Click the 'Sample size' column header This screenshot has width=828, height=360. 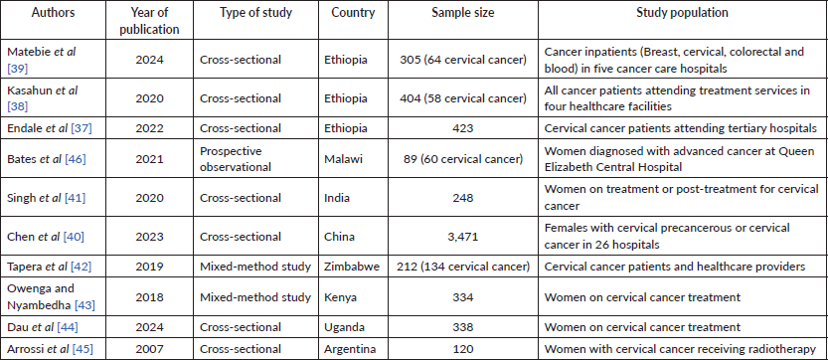pos(462,13)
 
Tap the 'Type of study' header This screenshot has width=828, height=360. pos(256,13)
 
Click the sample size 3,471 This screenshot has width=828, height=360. pos(462,237)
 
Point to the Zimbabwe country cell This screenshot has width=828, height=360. pos(352,267)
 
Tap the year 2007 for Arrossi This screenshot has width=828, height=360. pos(149,349)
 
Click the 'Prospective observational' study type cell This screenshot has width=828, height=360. pos(235,158)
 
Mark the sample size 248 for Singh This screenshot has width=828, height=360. pos(462,198)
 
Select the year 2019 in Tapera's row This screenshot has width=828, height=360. pos(149,267)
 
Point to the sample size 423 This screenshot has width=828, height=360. pos(462,128)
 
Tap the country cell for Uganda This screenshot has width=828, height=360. pos(344,327)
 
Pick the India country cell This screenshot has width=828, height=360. pos(336,198)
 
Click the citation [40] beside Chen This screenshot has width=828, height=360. pos(74,237)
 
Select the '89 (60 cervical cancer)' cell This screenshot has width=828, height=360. pos(462,158)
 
